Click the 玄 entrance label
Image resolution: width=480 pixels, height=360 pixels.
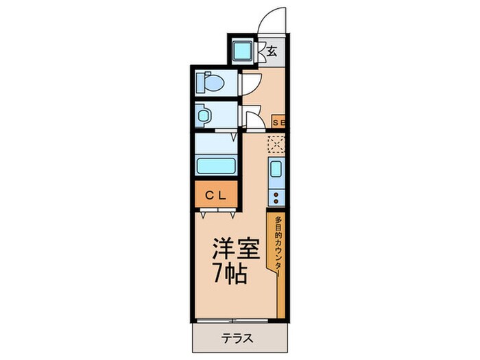tap(272, 51)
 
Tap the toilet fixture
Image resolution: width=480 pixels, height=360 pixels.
tap(211, 83)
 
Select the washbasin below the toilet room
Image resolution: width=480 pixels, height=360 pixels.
tap(204, 115)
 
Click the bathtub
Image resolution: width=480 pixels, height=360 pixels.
tap(216, 165)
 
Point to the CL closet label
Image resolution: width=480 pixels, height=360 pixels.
tap(216, 194)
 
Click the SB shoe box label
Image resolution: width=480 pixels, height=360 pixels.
tap(279, 123)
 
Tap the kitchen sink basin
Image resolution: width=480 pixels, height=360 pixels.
tap(276, 170)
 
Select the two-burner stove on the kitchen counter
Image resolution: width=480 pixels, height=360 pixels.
tap(276, 197)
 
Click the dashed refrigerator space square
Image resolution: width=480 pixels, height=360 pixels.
tap(276, 144)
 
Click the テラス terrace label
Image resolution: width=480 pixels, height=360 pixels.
tap(237, 337)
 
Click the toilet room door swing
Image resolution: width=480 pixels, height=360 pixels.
tap(250, 82)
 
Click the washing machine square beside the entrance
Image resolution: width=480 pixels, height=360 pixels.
tap(241, 50)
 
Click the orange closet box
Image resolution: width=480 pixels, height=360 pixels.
tap(216, 194)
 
